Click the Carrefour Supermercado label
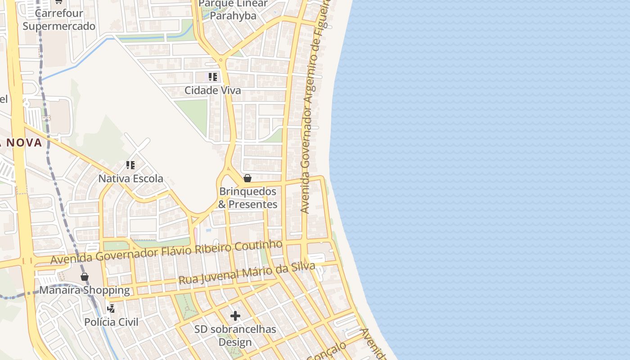click(x=59, y=20)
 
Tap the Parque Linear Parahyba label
click(x=233, y=10)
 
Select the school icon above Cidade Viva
click(x=213, y=77)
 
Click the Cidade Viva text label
click(x=213, y=90)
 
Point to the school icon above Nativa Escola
click(x=130, y=165)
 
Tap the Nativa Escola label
click(x=131, y=179)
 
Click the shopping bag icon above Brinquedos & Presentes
click(x=247, y=178)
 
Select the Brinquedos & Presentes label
click(x=247, y=198)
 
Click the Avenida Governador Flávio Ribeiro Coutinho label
click(x=166, y=252)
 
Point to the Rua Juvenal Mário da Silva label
click(x=247, y=273)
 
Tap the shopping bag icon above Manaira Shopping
click(x=84, y=277)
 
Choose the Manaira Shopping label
click(x=85, y=290)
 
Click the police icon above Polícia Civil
click(x=111, y=309)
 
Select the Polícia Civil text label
click(x=112, y=322)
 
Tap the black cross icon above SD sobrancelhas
click(x=235, y=316)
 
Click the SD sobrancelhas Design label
click(x=235, y=336)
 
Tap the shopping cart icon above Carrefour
click(x=58, y=2)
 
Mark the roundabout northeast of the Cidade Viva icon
click(x=221, y=59)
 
